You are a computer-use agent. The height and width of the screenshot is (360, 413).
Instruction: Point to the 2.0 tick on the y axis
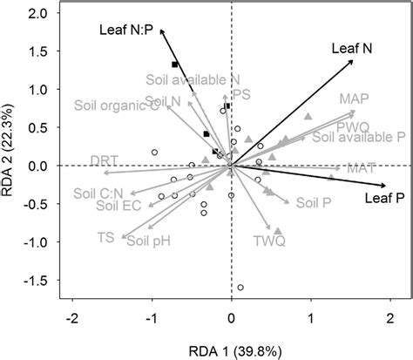tap(37, 15)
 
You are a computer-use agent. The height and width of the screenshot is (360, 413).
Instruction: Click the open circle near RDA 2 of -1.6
tap(240, 287)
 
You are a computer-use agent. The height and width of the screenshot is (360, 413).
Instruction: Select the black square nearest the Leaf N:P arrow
tap(175, 65)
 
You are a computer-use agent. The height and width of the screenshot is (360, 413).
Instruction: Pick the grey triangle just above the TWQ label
tap(278, 230)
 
